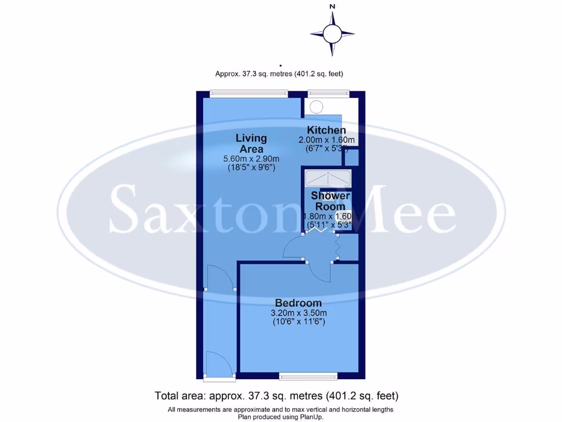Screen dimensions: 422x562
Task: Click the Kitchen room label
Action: [326, 130]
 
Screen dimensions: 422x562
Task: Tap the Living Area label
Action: [251, 143]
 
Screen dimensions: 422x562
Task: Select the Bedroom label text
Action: [298, 303]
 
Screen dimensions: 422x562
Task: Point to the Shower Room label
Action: [330, 201]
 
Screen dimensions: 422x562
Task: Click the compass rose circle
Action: [332, 34]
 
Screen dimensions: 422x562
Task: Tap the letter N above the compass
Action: [332, 7]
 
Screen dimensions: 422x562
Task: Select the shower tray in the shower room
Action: [328, 177]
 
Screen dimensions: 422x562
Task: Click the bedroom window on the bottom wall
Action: [308, 376]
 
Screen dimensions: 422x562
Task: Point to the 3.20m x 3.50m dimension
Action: [299, 313]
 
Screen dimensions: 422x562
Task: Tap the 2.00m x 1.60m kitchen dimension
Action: [327, 140]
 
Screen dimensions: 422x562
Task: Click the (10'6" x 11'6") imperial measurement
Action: [299, 323]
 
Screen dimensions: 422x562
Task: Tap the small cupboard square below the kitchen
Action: [350, 158]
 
